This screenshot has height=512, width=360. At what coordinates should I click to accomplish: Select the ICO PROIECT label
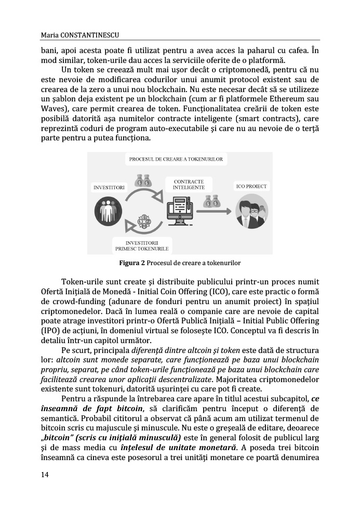pyautogui.click(x=251, y=186)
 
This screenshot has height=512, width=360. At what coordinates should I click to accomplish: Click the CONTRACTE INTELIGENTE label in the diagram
pyautogui.click(x=185, y=184)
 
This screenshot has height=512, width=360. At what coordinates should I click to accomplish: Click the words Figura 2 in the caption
pyautogui.click(x=132, y=262)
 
